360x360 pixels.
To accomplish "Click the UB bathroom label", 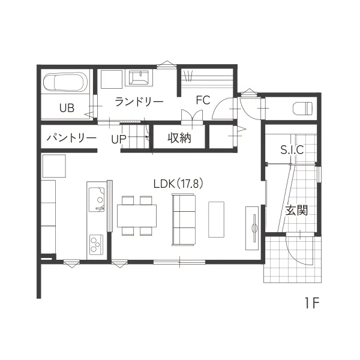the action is (67, 107).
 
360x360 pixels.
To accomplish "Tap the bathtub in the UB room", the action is (65, 82).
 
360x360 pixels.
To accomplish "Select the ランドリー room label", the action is (139, 102).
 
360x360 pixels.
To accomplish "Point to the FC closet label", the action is (203, 100).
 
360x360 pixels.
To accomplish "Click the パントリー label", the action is (71, 138).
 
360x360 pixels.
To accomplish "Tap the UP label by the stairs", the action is (119, 139).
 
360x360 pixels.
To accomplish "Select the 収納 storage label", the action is (179, 138).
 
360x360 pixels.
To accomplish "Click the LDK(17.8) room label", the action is (178, 184).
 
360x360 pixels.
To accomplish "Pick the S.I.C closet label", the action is (292, 149).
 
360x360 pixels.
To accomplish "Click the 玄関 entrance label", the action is (296, 210).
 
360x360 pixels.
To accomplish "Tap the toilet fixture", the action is (303, 108).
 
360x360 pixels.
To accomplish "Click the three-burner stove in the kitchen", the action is (96, 245).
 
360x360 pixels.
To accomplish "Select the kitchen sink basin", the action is (97, 200).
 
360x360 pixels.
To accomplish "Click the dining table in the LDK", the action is (137, 216).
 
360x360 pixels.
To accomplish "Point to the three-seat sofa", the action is (184, 220).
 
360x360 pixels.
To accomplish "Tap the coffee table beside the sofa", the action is (216, 220).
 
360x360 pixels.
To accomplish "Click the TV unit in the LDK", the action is (252, 228).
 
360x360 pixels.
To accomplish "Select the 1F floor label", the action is (313, 303).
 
